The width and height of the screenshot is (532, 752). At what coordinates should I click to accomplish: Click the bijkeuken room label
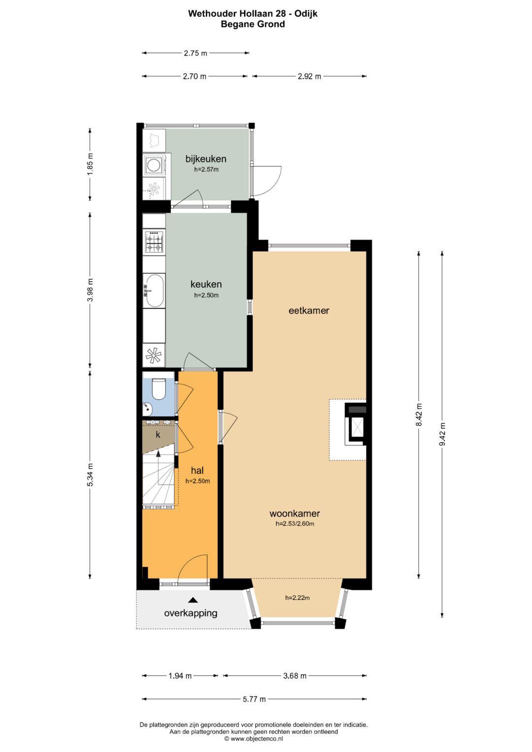tap(206, 159)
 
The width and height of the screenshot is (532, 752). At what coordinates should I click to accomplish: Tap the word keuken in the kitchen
tap(206, 284)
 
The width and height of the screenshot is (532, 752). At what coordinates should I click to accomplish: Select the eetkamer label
tap(309, 311)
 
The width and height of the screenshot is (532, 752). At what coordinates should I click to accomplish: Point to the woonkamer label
tap(295, 513)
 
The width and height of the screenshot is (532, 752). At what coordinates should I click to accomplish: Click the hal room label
tap(198, 470)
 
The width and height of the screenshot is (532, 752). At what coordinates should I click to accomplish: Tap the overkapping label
tap(191, 613)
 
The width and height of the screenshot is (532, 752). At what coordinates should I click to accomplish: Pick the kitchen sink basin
tap(154, 291)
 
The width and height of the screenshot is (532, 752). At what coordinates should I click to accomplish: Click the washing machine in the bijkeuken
tap(155, 165)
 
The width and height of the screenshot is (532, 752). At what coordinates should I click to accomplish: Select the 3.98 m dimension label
tap(90, 290)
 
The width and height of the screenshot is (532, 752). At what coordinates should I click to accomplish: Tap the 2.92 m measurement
tap(309, 76)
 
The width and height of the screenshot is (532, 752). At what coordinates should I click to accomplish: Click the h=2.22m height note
tap(297, 598)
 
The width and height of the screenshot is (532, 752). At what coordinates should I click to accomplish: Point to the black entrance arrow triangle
tap(193, 600)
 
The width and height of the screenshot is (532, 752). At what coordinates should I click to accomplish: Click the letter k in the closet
tap(158, 435)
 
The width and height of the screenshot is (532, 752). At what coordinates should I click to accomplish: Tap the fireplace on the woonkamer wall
tap(356, 424)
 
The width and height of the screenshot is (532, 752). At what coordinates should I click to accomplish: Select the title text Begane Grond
tap(253, 24)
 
